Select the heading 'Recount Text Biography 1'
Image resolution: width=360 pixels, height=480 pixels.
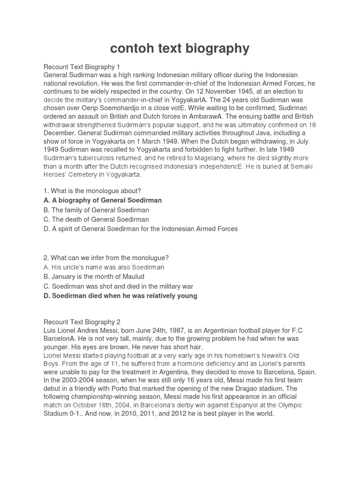click(x=82, y=67)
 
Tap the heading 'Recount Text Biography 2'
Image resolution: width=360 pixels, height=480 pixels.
click(x=82, y=322)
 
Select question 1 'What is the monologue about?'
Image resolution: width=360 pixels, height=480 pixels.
click(x=92, y=191)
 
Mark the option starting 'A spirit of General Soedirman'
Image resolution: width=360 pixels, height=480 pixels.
click(x=141, y=229)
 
